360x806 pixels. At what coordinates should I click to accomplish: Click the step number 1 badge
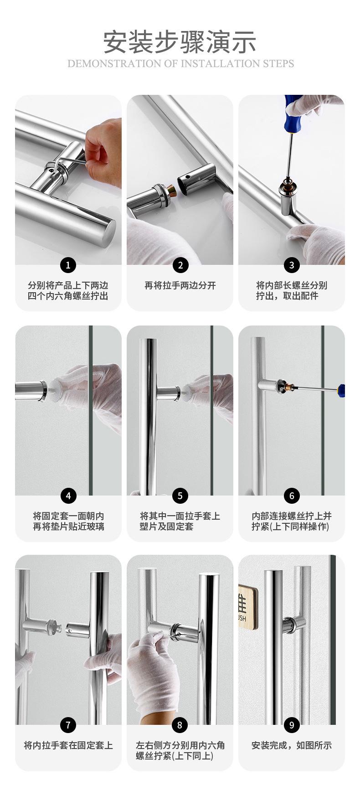tap(68, 265)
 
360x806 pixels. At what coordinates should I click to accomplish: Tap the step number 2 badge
tap(180, 265)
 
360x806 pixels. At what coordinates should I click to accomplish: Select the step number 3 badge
tap(292, 265)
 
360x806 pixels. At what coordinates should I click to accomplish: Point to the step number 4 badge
tap(68, 496)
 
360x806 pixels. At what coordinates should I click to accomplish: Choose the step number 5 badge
tap(180, 496)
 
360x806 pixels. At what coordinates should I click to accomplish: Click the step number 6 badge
tap(292, 496)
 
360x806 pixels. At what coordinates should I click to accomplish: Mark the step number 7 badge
tap(68, 725)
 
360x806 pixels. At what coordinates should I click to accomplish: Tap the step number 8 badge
tap(180, 725)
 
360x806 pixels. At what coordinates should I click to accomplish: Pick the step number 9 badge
tap(292, 725)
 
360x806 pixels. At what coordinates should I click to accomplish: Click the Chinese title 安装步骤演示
tap(180, 42)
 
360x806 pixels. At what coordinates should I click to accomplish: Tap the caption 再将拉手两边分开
tap(180, 286)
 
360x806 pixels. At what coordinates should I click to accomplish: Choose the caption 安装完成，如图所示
tap(292, 745)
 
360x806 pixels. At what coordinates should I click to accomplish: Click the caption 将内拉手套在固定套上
tap(68, 745)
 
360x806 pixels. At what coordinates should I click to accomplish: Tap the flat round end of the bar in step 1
tap(108, 232)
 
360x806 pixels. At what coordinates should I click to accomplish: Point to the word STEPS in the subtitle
tap(279, 63)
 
